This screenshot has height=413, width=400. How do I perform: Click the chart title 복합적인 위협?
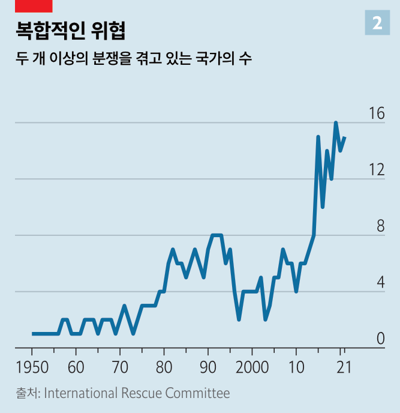pyautogui.click(x=71, y=29)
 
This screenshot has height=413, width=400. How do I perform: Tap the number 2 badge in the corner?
pyautogui.click(x=377, y=23)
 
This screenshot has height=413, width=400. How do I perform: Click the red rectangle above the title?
pyautogui.click(x=34, y=6)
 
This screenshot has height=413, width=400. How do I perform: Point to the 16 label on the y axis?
pyautogui.click(x=376, y=113)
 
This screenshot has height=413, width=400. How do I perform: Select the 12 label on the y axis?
pyautogui.click(x=376, y=170)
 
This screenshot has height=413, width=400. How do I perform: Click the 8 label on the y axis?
pyautogui.click(x=380, y=226)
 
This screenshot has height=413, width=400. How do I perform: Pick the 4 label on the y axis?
pyautogui.click(x=380, y=283)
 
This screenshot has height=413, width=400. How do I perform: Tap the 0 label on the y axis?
pyautogui.click(x=380, y=339)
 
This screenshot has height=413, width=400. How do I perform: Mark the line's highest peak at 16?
pyautogui.click(x=336, y=123)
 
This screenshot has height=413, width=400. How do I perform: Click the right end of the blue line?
pyautogui.click(x=345, y=137)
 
